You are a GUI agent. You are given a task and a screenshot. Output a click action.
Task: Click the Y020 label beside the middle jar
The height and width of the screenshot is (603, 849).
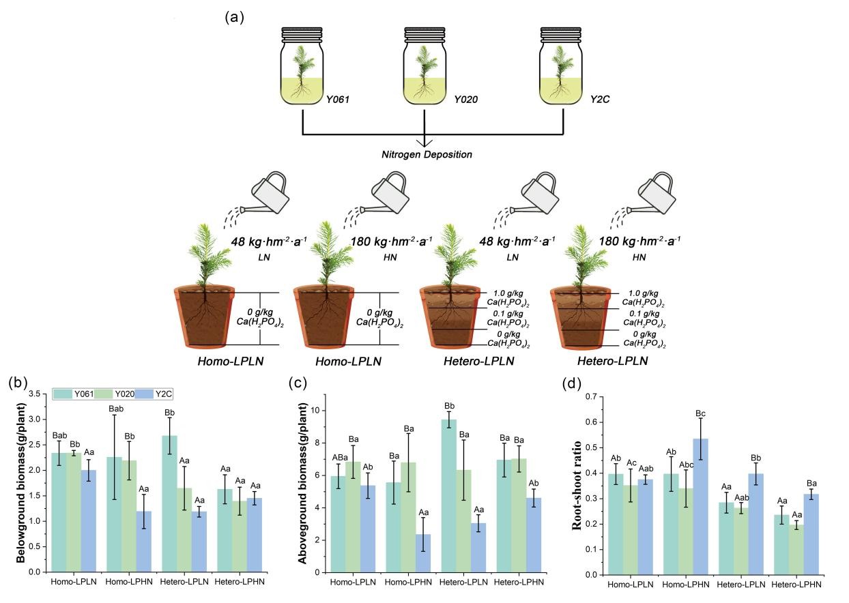466,100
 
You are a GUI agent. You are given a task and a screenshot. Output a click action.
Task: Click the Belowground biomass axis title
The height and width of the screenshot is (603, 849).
20,483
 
